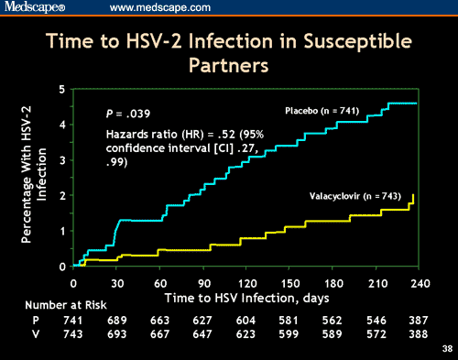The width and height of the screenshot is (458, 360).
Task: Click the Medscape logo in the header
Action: [x=36, y=8]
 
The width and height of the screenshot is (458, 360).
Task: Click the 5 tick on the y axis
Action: [x=61, y=90]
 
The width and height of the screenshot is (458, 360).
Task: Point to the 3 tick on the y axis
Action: [x=61, y=160]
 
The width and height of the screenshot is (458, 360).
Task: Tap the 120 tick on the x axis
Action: [x=245, y=283]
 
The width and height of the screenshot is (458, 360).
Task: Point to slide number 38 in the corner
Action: [x=445, y=349]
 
